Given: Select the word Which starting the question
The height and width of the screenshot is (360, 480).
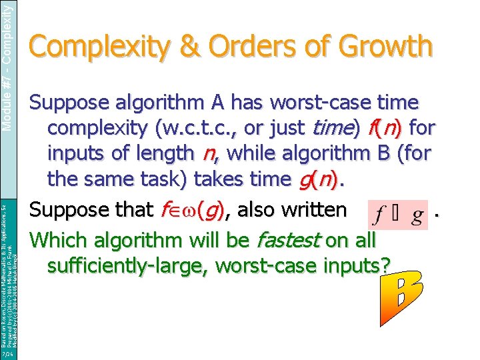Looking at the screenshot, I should [x=58, y=239].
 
